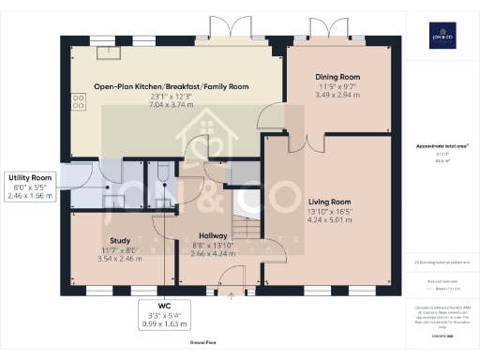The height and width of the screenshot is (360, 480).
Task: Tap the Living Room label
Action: point(328,202)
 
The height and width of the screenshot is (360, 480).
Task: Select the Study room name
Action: point(119,240)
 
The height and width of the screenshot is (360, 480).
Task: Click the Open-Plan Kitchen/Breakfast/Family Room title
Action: point(171,86)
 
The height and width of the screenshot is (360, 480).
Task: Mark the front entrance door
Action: point(229,276)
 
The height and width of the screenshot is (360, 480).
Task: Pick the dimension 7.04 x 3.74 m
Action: point(171,105)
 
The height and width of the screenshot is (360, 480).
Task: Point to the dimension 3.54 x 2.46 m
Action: point(119,258)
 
